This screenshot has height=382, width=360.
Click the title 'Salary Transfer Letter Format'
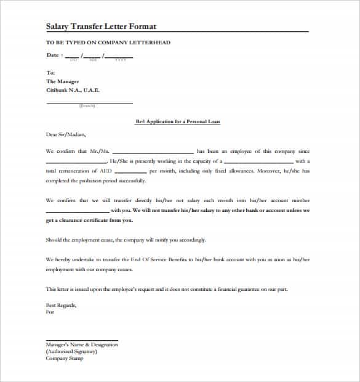[x=101, y=26]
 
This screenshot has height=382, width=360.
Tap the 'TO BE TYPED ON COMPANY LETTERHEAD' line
[x=108, y=43]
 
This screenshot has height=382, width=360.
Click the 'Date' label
[x=53, y=55]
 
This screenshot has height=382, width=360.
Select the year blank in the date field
[x=119, y=56]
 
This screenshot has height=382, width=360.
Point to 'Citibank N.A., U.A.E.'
[x=73, y=90]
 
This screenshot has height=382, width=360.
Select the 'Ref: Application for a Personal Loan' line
[x=177, y=122]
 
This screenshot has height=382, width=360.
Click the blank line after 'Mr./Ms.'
[x=153, y=152]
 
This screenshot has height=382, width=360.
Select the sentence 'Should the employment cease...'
[x=126, y=240]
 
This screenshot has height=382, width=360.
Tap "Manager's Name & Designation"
[x=81, y=345]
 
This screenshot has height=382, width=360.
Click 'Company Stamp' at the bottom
[x=64, y=359]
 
